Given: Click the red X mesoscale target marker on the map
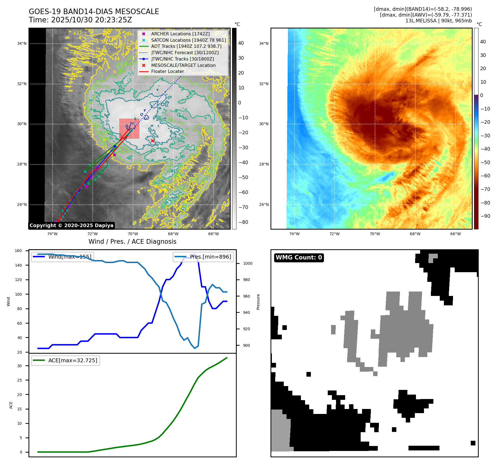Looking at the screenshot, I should click(x=152, y=141).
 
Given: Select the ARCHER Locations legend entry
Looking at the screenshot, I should click(x=180, y=34).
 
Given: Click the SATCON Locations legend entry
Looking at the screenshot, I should click(x=188, y=40).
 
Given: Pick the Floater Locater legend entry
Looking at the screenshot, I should click(x=167, y=71).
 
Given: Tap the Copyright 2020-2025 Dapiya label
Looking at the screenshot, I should click(x=71, y=225).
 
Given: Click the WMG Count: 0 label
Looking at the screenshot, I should click(x=299, y=258).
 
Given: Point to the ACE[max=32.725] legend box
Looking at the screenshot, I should click(x=66, y=360).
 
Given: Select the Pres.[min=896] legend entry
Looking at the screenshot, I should click(x=204, y=257).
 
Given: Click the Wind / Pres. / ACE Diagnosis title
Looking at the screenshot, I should click(x=132, y=242).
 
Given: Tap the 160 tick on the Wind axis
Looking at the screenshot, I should click(x=18, y=251).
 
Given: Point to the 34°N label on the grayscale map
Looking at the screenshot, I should click(x=22, y=43).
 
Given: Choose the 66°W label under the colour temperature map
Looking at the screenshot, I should click(x=455, y=234).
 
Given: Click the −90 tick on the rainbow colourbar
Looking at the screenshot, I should click(x=485, y=216).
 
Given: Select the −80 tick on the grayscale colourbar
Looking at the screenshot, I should click(x=243, y=222).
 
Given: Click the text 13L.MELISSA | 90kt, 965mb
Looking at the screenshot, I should click(x=438, y=21).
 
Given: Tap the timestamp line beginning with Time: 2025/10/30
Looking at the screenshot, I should click(x=80, y=20).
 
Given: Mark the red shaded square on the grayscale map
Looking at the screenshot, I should click(x=129, y=128).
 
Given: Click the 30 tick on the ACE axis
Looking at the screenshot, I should click(x=19, y=366).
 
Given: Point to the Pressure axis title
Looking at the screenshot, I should click(x=258, y=302).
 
